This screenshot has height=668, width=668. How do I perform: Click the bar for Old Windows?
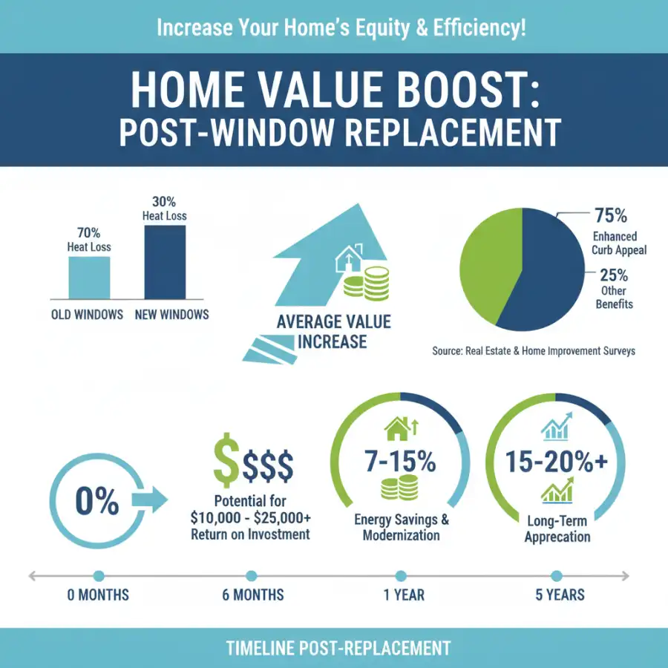[90, 277]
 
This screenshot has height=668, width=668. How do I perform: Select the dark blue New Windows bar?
[165, 261]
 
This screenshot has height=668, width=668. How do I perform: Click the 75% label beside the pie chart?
[611, 216]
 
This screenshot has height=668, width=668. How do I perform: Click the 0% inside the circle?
[96, 502]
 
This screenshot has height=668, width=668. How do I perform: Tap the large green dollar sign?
[226, 461]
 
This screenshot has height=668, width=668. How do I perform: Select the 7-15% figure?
[400, 462]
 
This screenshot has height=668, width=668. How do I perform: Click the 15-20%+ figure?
[557, 462]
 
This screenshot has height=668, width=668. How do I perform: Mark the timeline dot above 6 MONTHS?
[251, 575]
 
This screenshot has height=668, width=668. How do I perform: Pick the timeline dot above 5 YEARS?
[557, 575]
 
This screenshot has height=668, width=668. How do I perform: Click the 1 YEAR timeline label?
[401, 595]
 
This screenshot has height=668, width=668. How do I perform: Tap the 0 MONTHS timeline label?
[98, 595]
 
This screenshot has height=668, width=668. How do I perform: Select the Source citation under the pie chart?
[534, 350]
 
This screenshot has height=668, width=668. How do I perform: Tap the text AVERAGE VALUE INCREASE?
[333, 332]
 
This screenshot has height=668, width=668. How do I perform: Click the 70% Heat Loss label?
[89, 239]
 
